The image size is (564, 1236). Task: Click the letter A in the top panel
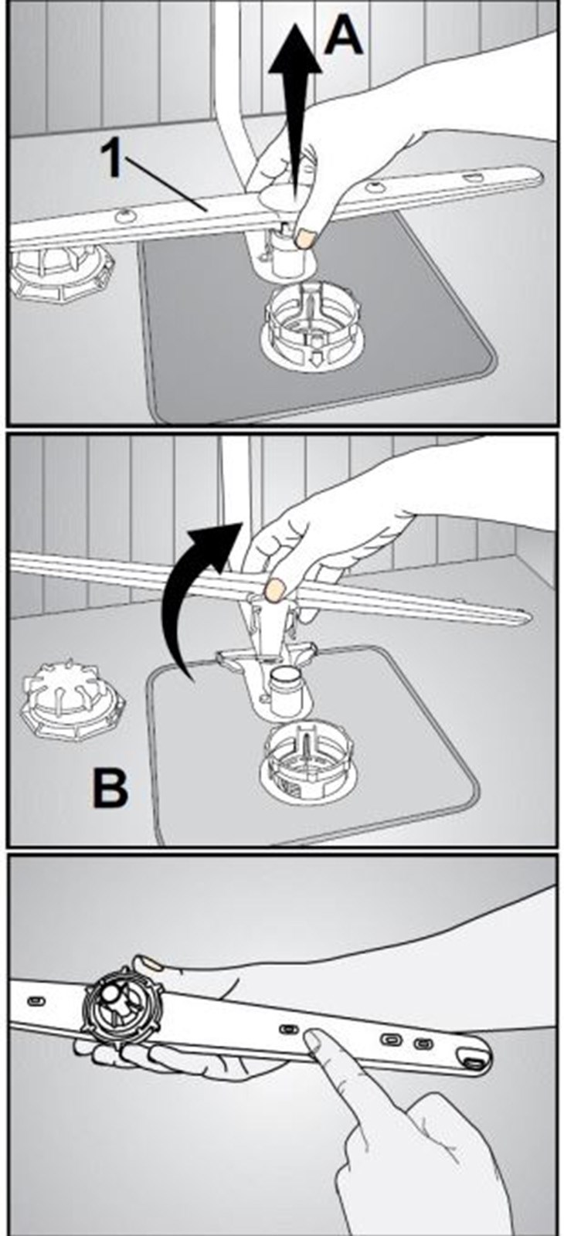point(343,34)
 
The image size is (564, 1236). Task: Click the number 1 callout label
point(113,158)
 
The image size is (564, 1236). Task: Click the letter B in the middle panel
point(110,791)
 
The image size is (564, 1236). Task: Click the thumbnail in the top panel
point(304,239)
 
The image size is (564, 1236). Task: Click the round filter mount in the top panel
point(312,329)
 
